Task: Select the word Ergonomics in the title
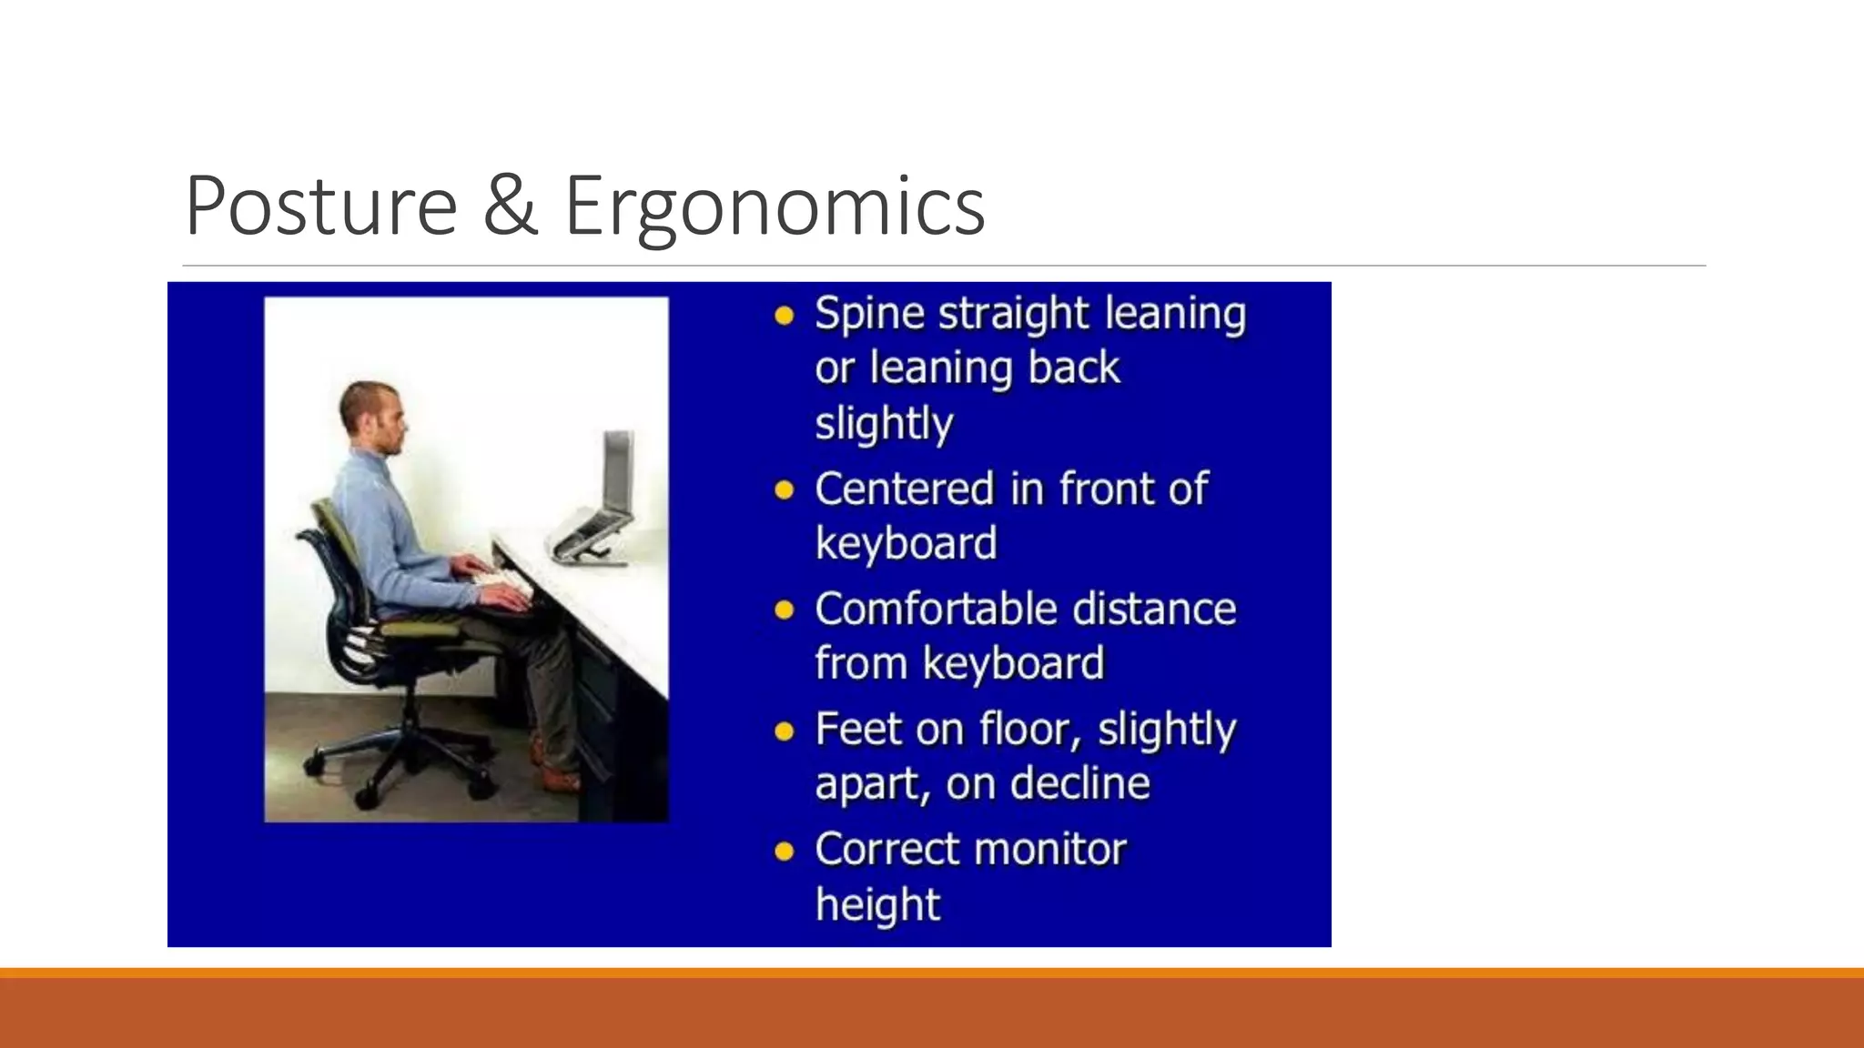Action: [x=774, y=207]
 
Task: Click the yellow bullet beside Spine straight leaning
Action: [x=784, y=317]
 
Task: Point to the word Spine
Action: [x=868, y=315]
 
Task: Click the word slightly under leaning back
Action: [x=884, y=423]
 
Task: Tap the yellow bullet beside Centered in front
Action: [x=784, y=491]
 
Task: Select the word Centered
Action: [x=905, y=489]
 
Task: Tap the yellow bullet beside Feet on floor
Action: [x=784, y=731]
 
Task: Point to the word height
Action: [x=877, y=904]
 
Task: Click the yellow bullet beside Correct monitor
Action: [x=784, y=851]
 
